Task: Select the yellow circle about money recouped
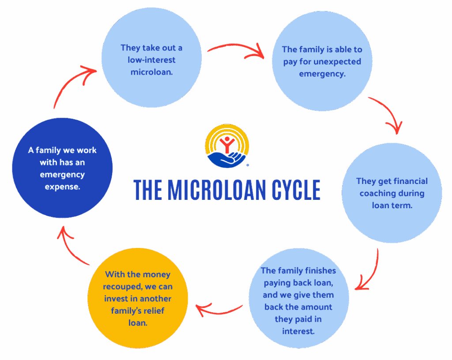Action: pyautogui.click(x=138, y=298)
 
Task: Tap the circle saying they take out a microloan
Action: pyautogui.click(x=151, y=60)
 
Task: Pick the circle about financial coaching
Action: pyautogui.click(x=392, y=193)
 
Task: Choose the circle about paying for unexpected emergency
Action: pyautogui.click(x=322, y=62)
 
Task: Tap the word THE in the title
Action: pyautogui.click(x=149, y=190)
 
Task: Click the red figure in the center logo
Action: pyautogui.click(x=227, y=143)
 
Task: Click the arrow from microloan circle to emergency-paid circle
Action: pyautogui.click(x=236, y=49)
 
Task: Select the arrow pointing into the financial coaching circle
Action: pyautogui.click(x=386, y=116)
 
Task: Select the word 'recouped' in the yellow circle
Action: pyautogui.click(x=127, y=287)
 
